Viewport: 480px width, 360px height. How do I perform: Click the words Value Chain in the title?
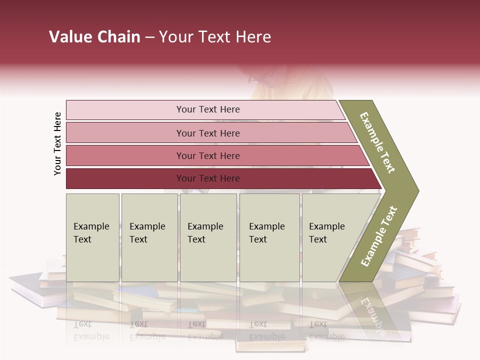pyautogui.click(x=94, y=37)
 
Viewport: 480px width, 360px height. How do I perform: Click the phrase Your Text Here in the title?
pyautogui.click(x=215, y=37)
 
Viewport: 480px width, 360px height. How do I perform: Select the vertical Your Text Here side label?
pyautogui.click(x=57, y=143)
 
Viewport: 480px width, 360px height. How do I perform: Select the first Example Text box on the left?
pyautogui.click(x=92, y=237)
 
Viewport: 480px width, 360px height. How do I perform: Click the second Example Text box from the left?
pyautogui.click(x=149, y=237)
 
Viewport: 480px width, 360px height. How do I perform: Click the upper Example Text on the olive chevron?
pyautogui.click(x=378, y=142)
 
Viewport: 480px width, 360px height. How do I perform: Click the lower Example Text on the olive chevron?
pyautogui.click(x=379, y=236)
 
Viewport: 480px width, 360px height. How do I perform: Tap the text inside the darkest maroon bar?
pyautogui.click(x=208, y=178)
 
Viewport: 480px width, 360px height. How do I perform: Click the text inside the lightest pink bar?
pyautogui.click(x=208, y=109)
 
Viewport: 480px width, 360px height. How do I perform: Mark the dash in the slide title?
pyautogui.click(x=149, y=37)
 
